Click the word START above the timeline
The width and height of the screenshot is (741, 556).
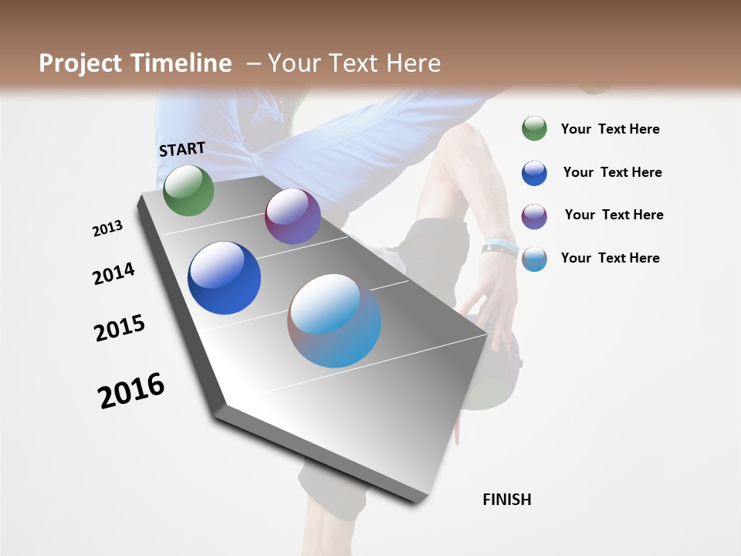coord(182,149)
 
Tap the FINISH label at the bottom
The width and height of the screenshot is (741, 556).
coord(507,500)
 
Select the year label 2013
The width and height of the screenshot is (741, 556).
coord(107,229)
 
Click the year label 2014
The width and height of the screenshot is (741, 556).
coord(113,273)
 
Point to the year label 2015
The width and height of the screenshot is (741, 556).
coord(120,328)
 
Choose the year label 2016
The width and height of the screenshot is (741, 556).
coord(131,391)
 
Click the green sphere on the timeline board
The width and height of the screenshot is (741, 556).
coord(188,191)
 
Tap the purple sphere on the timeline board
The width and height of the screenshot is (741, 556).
coord(293,216)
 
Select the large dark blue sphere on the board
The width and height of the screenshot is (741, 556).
coord(224,278)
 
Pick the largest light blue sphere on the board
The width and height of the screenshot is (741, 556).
coord(334,320)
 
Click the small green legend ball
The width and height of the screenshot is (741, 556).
coord(534,128)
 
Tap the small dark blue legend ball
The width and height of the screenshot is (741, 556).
coord(534,173)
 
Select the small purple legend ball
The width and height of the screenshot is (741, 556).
coord(534,215)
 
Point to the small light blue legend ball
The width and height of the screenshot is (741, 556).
coord(534,259)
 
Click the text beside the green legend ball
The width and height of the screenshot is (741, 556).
coord(610,130)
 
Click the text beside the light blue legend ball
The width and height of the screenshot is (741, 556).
coord(610,258)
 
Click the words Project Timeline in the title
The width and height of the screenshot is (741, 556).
coord(135,63)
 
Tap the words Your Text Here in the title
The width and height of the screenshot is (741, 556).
coord(354,63)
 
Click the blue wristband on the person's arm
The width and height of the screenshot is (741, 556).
coord(500,247)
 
